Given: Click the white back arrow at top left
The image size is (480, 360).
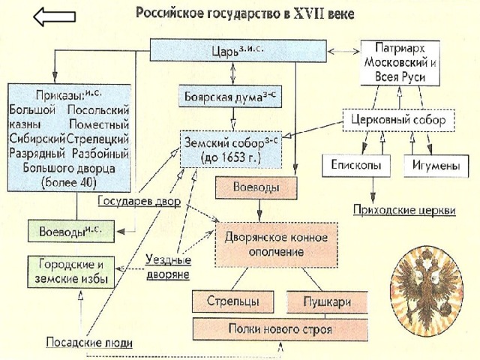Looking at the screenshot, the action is click(54, 16).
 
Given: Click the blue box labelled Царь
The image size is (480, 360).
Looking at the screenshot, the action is click(238, 51).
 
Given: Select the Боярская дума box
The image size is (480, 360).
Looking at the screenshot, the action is click(230, 96).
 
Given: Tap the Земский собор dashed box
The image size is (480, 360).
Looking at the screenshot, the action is click(231, 149).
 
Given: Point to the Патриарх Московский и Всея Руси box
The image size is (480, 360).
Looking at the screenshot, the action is click(400, 63).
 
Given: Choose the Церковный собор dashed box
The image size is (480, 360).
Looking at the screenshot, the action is click(398, 120).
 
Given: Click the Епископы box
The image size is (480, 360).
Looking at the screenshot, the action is click(356, 166).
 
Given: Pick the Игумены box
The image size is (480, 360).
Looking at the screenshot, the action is click(436, 166).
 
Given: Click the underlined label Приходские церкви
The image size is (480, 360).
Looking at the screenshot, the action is click(404, 211).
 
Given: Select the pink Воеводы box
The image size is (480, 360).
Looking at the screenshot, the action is click(256, 187).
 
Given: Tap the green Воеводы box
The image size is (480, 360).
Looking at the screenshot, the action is click(71, 231).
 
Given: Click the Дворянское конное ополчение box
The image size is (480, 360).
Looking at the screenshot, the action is click(277, 245).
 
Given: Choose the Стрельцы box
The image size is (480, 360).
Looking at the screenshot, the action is click(233, 301).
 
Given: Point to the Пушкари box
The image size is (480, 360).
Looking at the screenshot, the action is click(327, 301).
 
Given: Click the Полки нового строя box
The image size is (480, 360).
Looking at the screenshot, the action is click(280, 329).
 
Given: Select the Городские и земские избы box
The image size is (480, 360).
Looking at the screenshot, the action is click(71, 271).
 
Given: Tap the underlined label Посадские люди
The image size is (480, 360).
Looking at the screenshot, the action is click(89, 343).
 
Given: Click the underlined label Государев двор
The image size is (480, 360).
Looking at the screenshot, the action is click(139, 202).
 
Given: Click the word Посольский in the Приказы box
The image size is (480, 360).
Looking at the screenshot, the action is click(98, 110).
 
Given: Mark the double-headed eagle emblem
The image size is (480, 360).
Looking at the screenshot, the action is click(427, 292).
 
